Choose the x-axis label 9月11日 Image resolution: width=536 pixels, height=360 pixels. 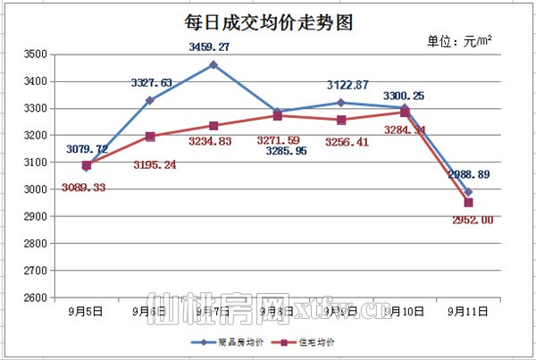click(467, 312)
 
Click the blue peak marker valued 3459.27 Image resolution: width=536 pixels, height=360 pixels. click(214, 64)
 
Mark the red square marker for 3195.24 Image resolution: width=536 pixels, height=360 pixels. click(150, 137)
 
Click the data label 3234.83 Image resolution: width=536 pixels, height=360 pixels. click(215, 141)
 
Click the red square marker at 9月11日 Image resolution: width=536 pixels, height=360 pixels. click(468, 203)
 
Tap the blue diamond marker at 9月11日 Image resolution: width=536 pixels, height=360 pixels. click(468, 192)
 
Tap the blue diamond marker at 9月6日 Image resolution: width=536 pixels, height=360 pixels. click(150, 101)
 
